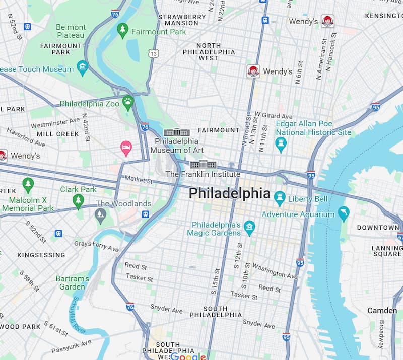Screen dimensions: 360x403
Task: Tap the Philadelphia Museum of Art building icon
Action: [177, 132]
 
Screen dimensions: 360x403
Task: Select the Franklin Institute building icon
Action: [203, 164]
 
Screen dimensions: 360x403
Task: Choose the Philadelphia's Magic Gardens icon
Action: [249, 227]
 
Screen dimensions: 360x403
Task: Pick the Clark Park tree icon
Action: [78, 200]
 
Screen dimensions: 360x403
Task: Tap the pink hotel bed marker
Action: [126, 148]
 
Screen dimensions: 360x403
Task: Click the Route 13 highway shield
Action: [154, 53]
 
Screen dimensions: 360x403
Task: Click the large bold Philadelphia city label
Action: [229, 193]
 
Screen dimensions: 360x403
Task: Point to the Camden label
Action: [382, 310]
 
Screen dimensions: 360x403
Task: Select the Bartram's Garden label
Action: [72, 282]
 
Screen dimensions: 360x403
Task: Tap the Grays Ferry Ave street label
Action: [96, 246]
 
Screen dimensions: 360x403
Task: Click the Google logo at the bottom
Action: [188, 356]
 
